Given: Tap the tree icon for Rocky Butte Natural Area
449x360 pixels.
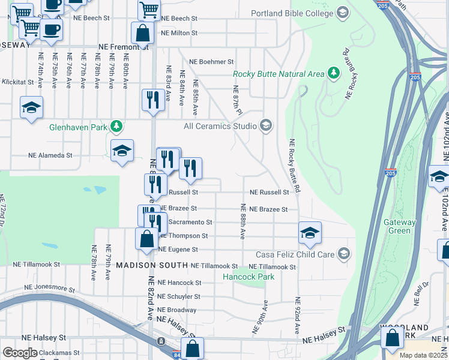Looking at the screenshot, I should (x=334, y=74).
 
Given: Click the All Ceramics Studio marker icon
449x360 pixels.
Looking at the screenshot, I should (x=266, y=125).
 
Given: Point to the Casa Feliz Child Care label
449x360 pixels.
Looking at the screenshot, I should (x=295, y=254).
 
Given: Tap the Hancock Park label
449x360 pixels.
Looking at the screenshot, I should (x=248, y=277).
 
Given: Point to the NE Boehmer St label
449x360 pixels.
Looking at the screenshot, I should (x=211, y=62).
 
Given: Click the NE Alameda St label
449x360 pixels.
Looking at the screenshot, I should (x=50, y=155).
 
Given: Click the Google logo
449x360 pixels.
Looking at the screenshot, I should (x=20, y=352).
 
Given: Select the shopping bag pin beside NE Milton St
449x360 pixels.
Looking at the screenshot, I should (x=142, y=32).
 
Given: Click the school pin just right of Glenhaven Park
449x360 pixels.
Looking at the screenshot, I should (x=122, y=152).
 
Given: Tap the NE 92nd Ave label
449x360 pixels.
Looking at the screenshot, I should (x=297, y=316).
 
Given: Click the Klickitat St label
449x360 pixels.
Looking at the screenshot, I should (x=18, y=81).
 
